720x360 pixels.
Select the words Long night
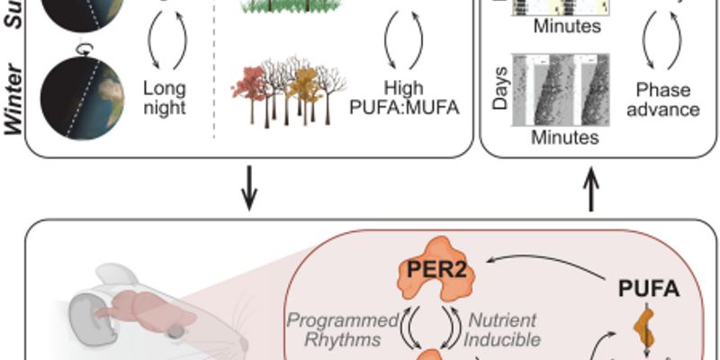[x=165, y=98]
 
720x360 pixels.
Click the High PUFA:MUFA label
[x=404, y=98]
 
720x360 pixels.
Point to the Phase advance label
[x=667, y=99]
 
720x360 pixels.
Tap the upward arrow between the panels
[x=592, y=191]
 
